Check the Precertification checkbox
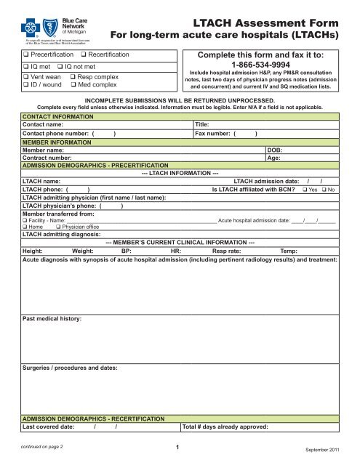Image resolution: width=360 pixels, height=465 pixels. tap(24, 55)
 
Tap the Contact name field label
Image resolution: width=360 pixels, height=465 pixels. tap(46, 124)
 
